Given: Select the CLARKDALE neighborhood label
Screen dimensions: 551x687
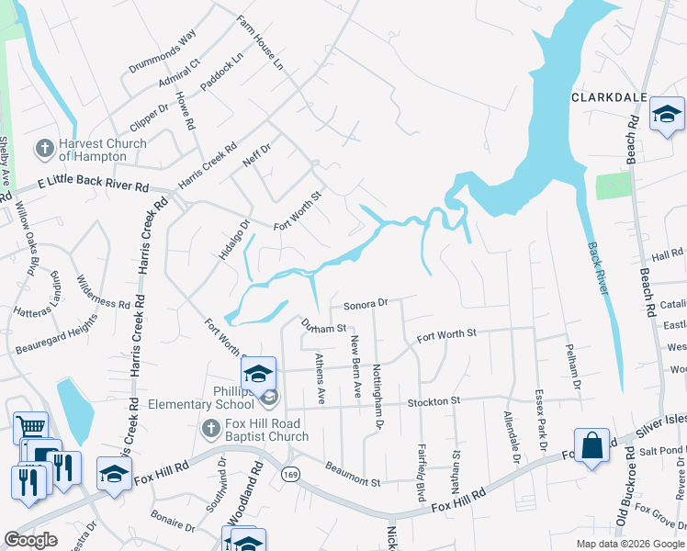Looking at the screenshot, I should [x=610, y=96].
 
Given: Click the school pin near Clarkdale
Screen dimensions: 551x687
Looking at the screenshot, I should [x=668, y=115].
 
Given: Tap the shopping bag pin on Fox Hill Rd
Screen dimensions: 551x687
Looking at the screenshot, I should [x=592, y=445].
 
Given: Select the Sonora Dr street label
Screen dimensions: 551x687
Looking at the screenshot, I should [x=366, y=302].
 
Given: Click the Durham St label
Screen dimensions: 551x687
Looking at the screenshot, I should [x=323, y=324].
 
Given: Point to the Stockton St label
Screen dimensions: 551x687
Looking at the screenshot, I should [x=434, y=401].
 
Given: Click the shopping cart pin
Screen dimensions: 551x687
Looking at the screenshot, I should [x=31, y=428].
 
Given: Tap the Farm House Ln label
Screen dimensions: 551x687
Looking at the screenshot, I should [x=259, y=43].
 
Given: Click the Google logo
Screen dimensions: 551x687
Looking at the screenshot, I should [x=30, y=540].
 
